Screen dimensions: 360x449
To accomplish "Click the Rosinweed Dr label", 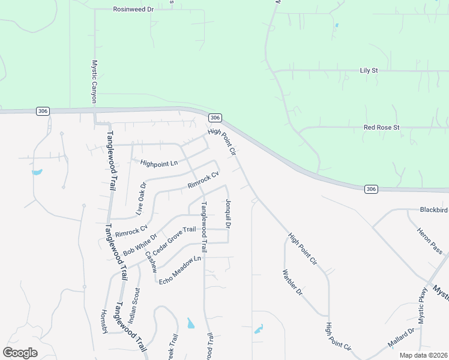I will (134, 10).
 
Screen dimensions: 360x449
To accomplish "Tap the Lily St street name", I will (369, 70).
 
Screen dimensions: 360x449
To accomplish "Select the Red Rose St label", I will (381, 128).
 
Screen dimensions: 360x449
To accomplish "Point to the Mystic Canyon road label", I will (94, 81).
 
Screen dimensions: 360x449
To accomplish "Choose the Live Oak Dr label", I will (141, 199).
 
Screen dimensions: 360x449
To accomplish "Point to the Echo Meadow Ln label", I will (179, 270).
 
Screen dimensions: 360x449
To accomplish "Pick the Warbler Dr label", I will (292, 284).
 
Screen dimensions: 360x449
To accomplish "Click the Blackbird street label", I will (434, 210).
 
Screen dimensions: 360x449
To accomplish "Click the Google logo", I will (20, 353).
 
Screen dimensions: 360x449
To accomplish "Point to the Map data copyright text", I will (423, 355).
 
